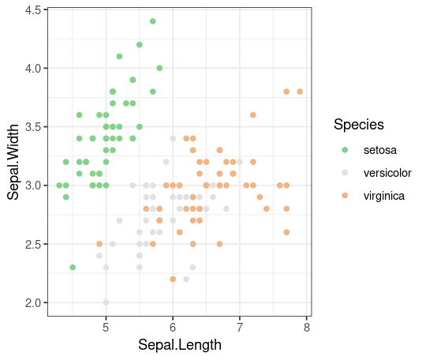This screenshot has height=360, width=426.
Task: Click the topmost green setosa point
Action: pos(153,21)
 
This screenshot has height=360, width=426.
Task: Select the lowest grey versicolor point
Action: pos(106,302)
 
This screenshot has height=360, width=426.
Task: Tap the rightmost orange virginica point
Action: pos(300,92)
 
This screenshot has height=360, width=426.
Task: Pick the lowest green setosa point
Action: pos(73,268)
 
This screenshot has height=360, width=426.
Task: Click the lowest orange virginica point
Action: pos(173,279)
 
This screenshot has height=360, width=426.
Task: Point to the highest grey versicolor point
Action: pos(173,138)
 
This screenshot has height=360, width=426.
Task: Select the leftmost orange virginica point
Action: pos(99,244)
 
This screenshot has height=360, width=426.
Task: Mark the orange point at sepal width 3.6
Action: pos(253,115)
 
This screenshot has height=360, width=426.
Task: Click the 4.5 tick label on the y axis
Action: pos(33,10)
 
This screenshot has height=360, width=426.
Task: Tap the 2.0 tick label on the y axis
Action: pos(33,303)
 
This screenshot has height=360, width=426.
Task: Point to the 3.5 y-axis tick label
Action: pos(33,127)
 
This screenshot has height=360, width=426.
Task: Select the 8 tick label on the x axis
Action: pos(307,328)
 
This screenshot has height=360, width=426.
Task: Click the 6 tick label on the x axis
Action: pos(173,328)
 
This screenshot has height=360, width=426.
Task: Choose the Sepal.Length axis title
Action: pos(180,345)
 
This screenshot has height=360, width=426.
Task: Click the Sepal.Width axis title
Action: pos(13,162)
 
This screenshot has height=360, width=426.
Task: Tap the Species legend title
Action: pos(359,125)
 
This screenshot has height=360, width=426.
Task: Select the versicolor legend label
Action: pos(387,173)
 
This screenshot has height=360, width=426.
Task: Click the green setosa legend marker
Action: pos(345,150)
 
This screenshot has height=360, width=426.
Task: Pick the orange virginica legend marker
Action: pos(345,196)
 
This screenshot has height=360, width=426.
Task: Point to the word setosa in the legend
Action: pos(380,150)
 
